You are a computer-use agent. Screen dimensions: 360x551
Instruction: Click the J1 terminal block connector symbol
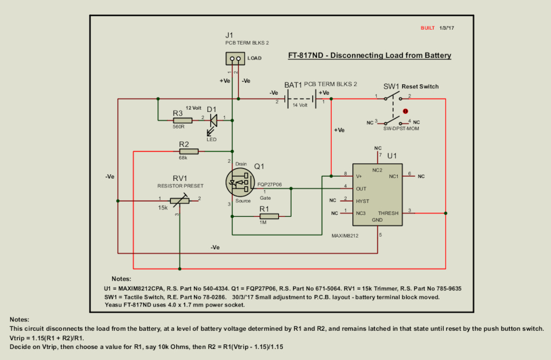click(x=235, y=58)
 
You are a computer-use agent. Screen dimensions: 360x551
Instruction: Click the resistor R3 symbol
click(x=182, y=120)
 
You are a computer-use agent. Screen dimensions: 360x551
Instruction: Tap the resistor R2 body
click(x=188, y=151)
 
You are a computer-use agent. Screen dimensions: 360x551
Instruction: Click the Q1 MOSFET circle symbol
click(x=241, y=182)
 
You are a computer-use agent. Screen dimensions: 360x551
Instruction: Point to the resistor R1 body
click(x=269, y=216)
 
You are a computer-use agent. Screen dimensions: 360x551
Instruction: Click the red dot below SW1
click(x=405, y=111)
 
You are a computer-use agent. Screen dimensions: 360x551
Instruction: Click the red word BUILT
click(x=428, y=28)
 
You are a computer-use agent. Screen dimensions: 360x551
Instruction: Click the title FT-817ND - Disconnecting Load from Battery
click(x=370, y=56)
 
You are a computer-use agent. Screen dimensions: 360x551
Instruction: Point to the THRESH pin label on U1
click(x=388, y=213)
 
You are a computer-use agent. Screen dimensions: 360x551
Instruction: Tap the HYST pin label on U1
click(x=363, y=201)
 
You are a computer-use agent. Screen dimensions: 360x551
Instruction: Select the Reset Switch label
click(x=420, y=87)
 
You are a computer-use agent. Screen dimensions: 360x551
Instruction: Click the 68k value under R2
click(x=182, y=158)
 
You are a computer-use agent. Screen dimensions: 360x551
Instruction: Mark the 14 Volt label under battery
click(x=300, y=105)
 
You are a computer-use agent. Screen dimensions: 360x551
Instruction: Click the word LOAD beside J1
click(x=255, y=58)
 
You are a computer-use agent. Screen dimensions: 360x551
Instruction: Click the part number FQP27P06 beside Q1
click(x=270, y=185)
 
